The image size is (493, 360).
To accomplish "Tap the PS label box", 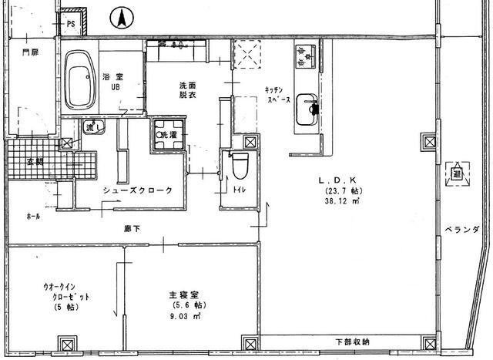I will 71,24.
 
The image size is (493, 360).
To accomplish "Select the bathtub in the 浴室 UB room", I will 79,80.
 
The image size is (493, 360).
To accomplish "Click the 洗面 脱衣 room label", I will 189,89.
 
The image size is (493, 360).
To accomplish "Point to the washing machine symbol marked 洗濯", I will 168,135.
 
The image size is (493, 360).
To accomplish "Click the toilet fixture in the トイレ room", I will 238,164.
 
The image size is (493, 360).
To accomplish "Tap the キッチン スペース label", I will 277,94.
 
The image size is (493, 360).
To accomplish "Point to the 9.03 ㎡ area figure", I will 185,316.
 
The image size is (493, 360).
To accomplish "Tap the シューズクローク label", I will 136,190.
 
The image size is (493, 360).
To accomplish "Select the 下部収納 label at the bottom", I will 352,341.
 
